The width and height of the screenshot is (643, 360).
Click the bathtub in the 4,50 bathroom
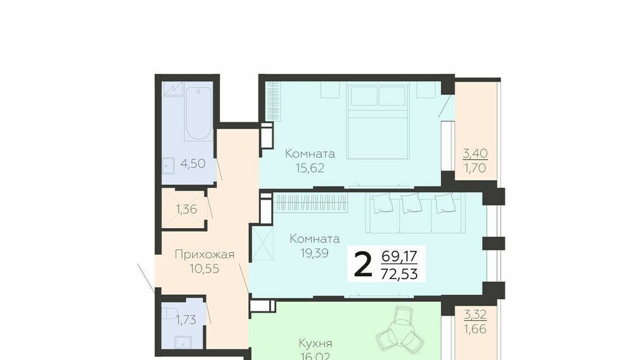pos(198,113)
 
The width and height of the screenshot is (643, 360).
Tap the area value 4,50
pos(193,164)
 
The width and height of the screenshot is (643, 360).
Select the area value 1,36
pos(187,209)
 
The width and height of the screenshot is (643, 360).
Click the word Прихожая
pos(205,255)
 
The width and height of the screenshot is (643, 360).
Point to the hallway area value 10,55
pos(205,269)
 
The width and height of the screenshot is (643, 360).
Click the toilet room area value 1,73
pos(186,319)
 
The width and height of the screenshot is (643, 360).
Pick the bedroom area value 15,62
pos(310,168)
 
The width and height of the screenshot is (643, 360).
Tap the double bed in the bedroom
pos(378,120)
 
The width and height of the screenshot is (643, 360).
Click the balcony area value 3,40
pos(475,153)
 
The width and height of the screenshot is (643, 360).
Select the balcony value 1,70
pos(475,168)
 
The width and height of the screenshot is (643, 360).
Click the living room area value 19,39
pos(314,253)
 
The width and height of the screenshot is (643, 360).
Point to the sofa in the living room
pos(415,213)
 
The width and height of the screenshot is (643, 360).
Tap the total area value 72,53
pos(399,273)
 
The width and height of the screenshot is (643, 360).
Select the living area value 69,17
pos(399,257)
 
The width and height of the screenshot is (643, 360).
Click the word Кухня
pos(315,343)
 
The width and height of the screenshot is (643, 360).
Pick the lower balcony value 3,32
pos(475,315)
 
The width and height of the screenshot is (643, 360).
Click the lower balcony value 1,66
pos(475,329)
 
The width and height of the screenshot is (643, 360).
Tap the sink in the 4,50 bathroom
pos(168,166)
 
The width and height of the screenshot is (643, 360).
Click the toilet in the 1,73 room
pos(169,314)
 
